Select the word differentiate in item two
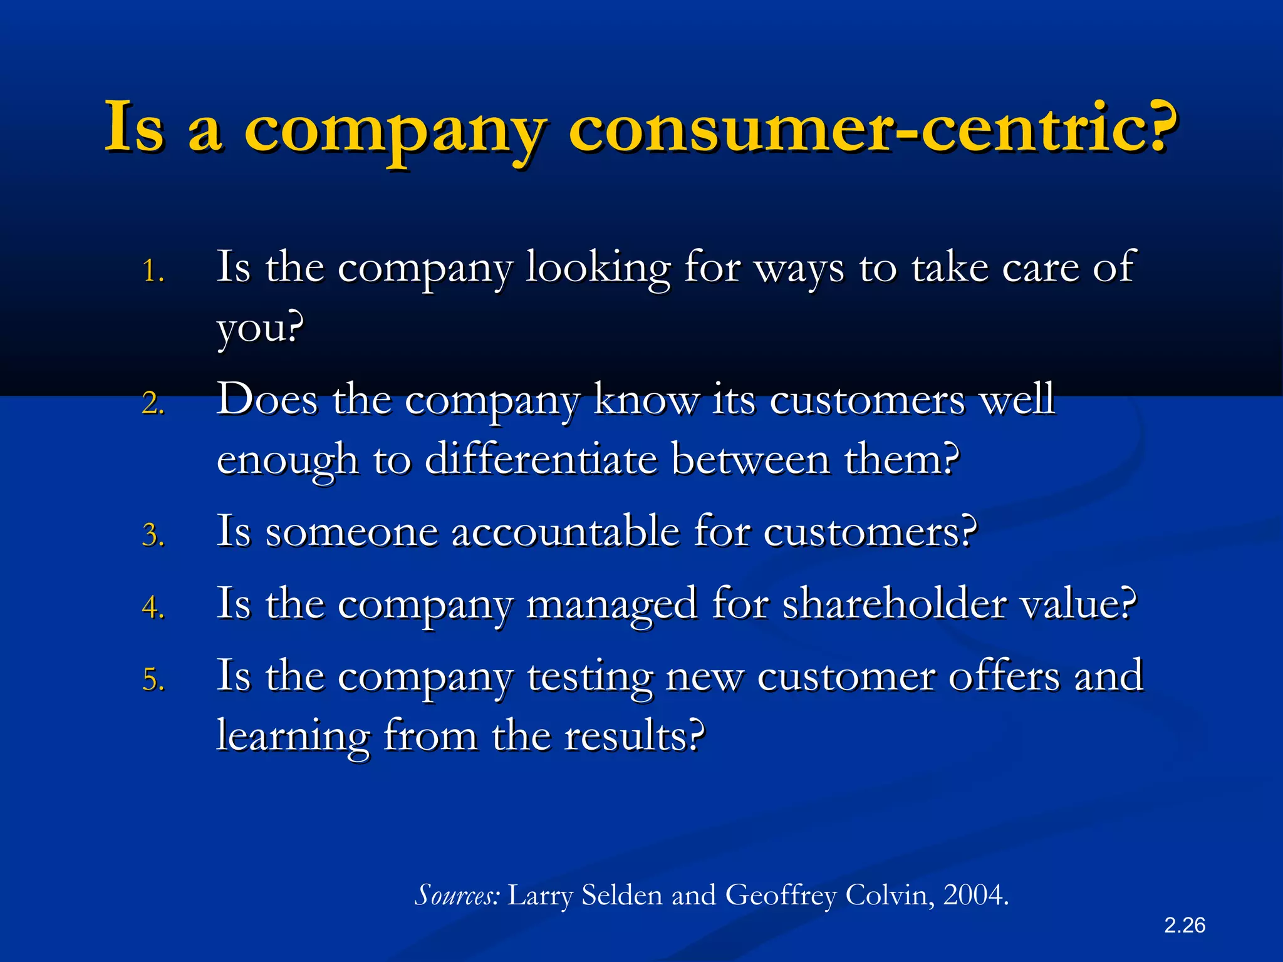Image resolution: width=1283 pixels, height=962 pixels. click(541, 460)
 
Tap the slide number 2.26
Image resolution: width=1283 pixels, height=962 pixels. click(1185, 925)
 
